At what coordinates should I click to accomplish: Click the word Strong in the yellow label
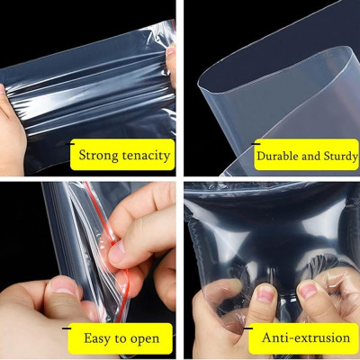point(101,156)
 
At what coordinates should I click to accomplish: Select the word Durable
point(278,156)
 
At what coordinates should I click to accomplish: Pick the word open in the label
point(144,338)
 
